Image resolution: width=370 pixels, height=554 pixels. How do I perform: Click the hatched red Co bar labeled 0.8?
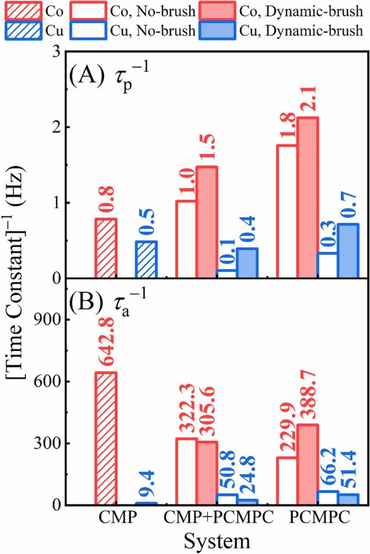(106, 248)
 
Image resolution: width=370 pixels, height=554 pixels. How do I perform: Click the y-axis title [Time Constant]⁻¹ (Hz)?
(17, 277)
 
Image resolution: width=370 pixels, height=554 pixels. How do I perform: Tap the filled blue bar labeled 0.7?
(348, 251)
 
